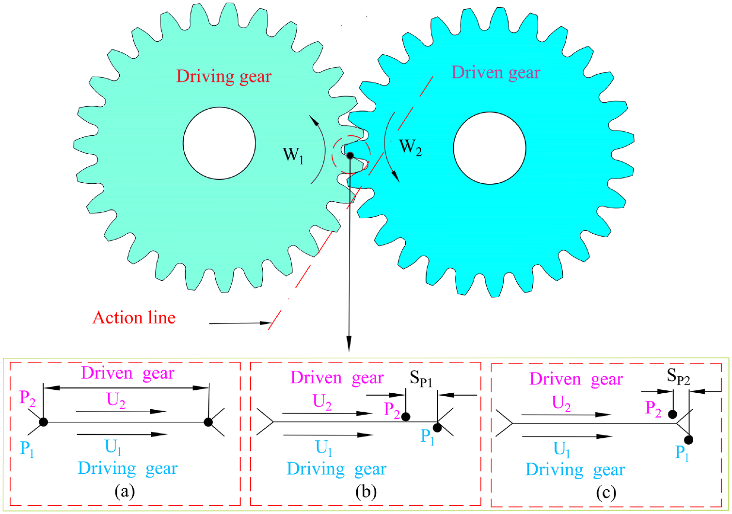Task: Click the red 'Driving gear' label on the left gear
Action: [x=223, y=77]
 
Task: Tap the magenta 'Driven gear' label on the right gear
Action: [x=495, y=73]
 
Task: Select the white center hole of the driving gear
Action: [x=219, y=143]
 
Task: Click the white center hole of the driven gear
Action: [x=489, y=148]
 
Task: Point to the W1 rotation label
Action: [x=293, y=155]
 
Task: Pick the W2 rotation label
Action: [x=410, y=146]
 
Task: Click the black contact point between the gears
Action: [x=350, y=156]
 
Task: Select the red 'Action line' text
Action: [x=134, y=318]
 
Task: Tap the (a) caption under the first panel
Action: [x=125, y=491]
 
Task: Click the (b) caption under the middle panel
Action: [x=366, y=492]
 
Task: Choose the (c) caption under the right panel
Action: [x=606, y=493]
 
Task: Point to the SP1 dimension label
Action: [x=421, y=378]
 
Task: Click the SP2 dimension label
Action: [x=678, y=376]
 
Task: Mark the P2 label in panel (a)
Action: [x=27, y=398]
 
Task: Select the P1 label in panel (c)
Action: [x=682, y=453]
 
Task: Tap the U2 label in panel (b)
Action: [x=322, y=402]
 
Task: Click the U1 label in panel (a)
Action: [x=113, y=447]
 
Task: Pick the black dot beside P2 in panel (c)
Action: [x=672, y=414]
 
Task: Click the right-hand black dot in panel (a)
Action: [x=208, y=422]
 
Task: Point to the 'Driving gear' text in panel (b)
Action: [x=336, y=469]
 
